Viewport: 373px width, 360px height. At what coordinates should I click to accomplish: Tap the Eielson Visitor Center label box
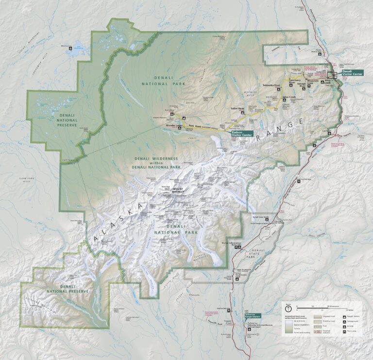pos(242,133)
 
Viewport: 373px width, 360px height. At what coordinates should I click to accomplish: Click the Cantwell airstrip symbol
pos(330,133)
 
